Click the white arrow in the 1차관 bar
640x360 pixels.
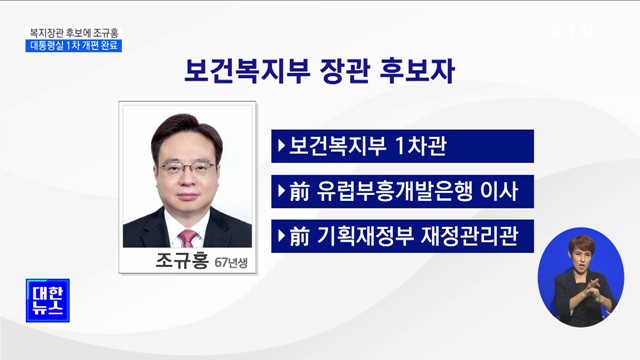click(280, 144)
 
